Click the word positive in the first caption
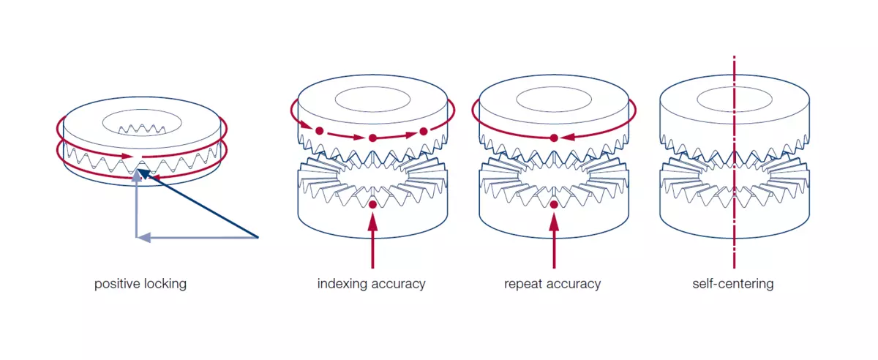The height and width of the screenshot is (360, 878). (118, 284)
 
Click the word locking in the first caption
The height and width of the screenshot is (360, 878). (165, 284)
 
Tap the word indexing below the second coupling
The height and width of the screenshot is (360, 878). (342, 284)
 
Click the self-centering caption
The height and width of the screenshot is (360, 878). (733, 284)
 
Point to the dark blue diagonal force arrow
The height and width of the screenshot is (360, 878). (198, 203)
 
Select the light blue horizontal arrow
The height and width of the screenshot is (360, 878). (197, 237)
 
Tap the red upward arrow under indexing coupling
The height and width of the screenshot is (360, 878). (372, 241)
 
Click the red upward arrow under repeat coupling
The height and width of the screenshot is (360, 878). (554, 241)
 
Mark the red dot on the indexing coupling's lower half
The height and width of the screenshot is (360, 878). (372, 204)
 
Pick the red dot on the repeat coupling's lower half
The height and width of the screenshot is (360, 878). (554, 204)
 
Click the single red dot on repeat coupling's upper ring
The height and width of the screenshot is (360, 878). (554, 138)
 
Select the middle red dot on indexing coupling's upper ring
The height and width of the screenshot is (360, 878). (372, 138)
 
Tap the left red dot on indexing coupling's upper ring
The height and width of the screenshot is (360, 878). (320, 131)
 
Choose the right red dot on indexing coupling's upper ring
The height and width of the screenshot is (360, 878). (424, 132)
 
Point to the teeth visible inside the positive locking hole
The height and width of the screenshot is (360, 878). (142, 130)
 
